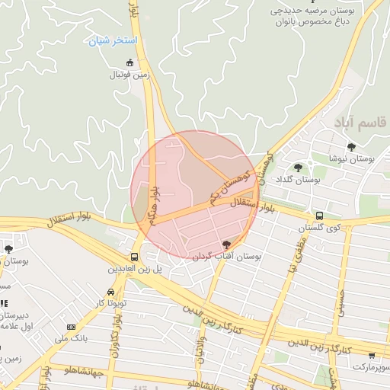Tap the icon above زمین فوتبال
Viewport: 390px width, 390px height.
pyautogui.click(x=130, y=62)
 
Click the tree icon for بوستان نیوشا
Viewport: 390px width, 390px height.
pyautogui.click(x=351, y=147)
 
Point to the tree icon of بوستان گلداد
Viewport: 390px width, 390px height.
pyautogui.click(x=298, y=168)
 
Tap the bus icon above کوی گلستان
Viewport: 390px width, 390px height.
pyautogui.click(x=319, y=216)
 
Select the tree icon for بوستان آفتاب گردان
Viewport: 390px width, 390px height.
pyautogui.click(x=226, y=244)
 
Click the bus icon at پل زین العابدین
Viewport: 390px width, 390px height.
pyautogui.click(x=135, y=257)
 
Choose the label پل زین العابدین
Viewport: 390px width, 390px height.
pyautogui.click(x=135, y=270)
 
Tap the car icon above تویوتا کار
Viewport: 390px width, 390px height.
pyautogui.click(x=111, y=292)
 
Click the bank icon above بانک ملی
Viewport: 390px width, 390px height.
pyautogui.click(x=72, y=327)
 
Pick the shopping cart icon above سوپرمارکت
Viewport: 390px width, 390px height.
pyautogui.click(x=372, y=355)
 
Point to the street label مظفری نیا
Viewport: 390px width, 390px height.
pyautogui.click(x=296, y=255)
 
